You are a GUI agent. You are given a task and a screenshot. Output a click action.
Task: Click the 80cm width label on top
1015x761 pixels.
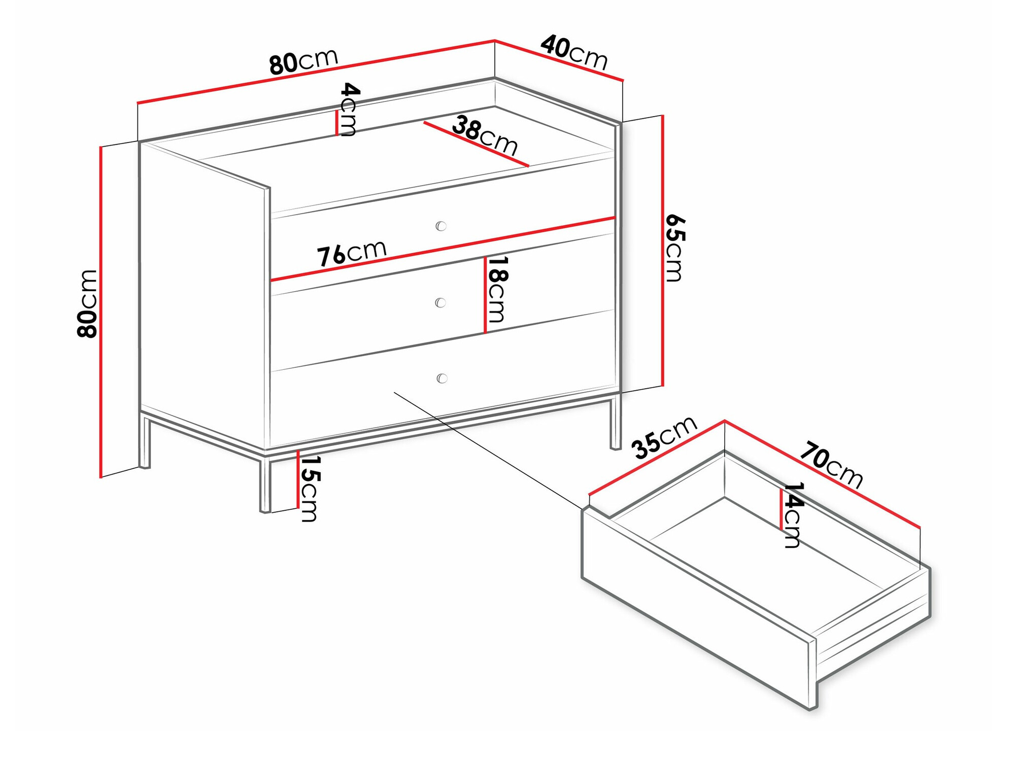(303, 61)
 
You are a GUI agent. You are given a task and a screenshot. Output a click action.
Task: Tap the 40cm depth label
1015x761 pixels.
(574, 52)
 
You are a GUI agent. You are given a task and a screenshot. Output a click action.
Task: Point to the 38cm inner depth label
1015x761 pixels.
(485, 134)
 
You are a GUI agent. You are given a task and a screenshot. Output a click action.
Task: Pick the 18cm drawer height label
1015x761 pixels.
(497, 289)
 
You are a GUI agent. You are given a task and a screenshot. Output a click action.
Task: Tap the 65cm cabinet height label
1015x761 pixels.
(675, 248)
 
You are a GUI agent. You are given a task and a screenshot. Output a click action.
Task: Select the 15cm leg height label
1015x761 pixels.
(309, 488)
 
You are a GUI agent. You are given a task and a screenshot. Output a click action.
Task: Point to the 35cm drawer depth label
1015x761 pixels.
(663, 437)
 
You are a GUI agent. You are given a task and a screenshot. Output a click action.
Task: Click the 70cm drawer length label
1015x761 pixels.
(831, 465)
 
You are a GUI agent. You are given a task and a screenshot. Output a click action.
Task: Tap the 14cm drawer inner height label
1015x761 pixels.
(793, 514)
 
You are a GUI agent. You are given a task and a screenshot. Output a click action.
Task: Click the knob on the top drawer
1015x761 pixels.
(441, 226)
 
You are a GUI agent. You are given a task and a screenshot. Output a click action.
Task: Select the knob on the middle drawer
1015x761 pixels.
(441, 303)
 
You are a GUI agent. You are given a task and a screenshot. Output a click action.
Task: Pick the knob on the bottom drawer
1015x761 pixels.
(442, 378)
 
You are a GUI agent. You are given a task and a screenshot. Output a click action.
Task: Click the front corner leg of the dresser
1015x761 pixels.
(265, 485)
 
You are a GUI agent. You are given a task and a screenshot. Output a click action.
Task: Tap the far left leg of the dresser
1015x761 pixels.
(145, 441)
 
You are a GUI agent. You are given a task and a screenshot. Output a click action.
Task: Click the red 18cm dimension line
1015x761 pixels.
(485, 294)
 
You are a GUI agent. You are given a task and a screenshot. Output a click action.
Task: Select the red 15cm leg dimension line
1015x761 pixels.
(298, 479)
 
